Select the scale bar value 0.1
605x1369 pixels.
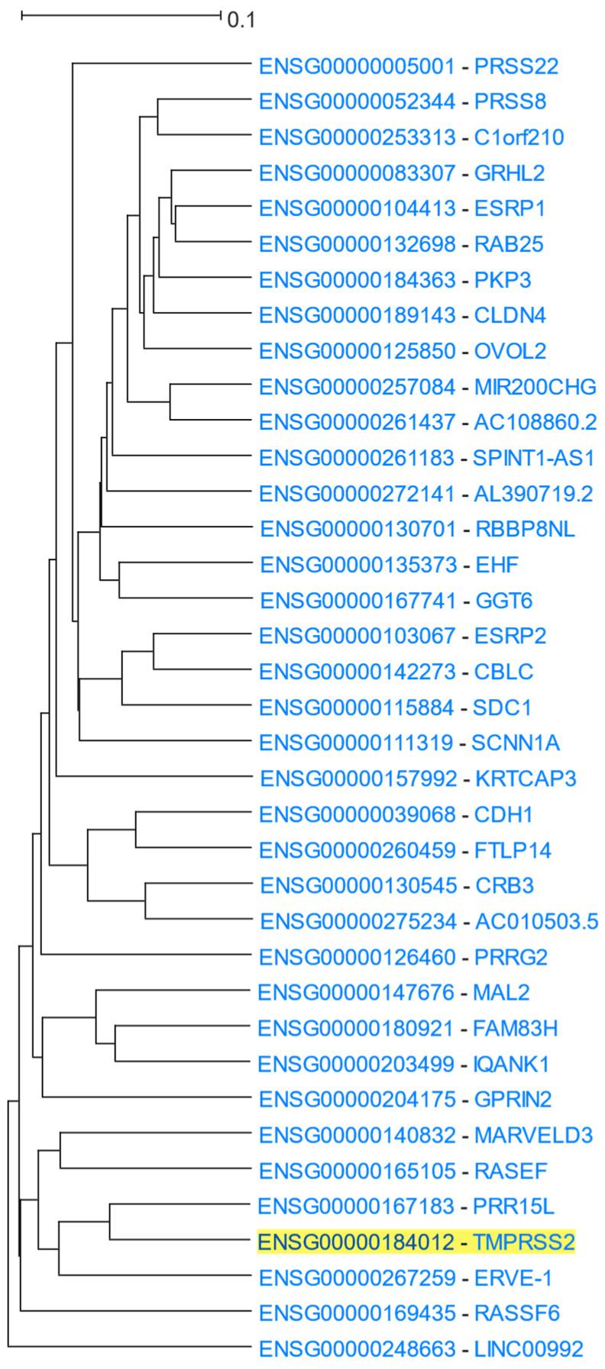[241, 20]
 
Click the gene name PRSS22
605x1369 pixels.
[516, 66]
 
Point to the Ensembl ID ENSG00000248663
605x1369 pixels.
[357, 1349]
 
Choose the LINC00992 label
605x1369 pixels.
[529, 1349]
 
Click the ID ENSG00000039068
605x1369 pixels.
[357, 815]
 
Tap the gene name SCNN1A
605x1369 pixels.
[516, 743]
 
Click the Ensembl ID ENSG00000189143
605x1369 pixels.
[357, 315]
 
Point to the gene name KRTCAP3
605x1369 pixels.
[526, 779]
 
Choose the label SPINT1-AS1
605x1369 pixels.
[533, 459]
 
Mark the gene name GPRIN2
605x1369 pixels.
[513, 1100]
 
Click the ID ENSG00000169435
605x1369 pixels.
[357, 1313]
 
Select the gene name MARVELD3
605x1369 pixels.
[533, 1135]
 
